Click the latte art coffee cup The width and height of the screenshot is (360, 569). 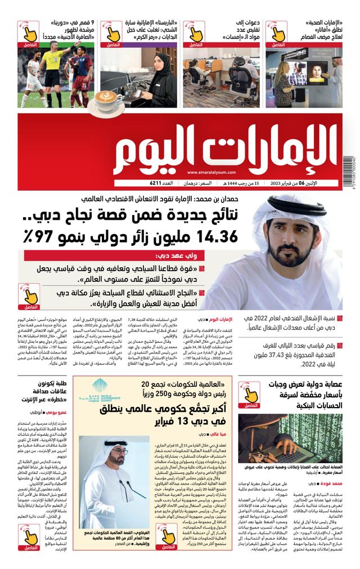pos(108,101)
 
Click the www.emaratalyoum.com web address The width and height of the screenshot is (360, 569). pos(212,173)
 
